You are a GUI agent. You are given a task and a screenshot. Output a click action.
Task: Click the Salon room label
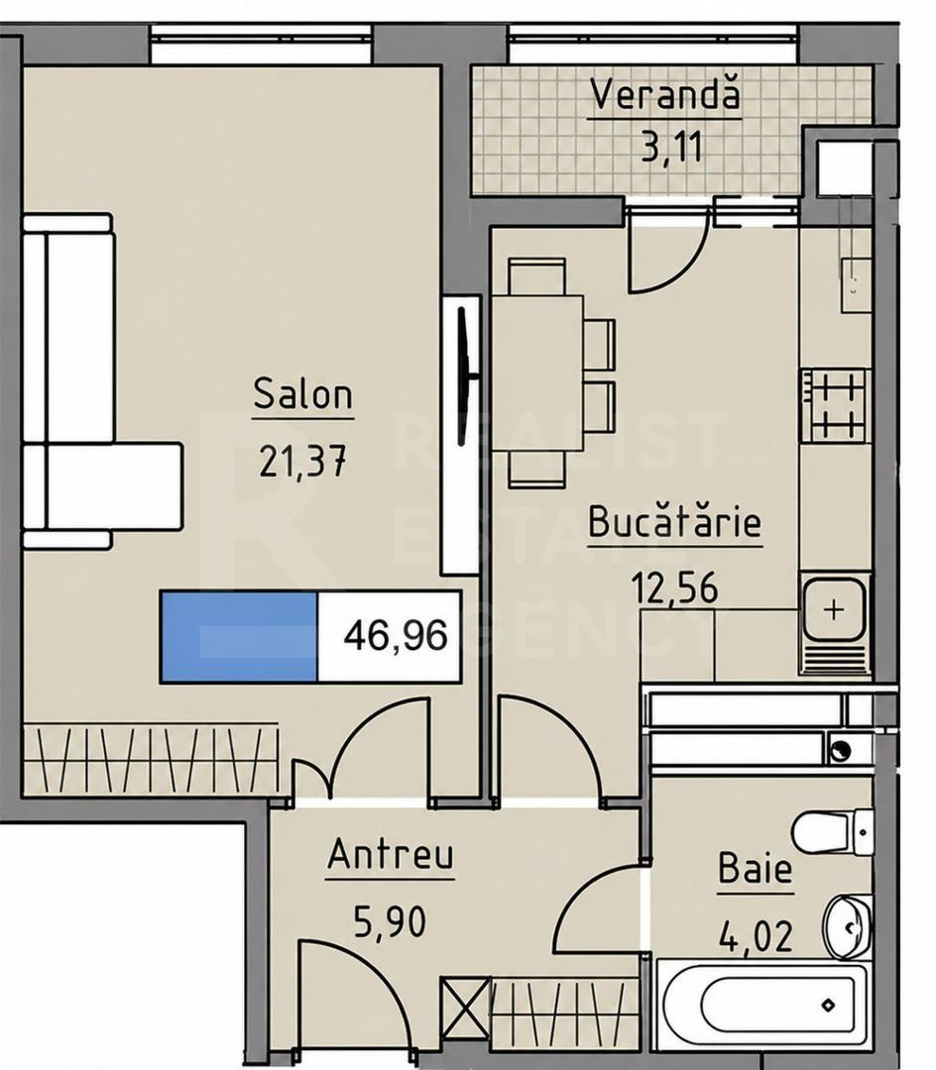tap(303, 393)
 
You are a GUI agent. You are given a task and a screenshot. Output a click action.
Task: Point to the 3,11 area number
tap(672, 146)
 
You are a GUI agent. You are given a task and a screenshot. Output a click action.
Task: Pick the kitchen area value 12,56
tap(675, 587)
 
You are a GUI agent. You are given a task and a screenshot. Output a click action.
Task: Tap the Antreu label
tap(390, 854)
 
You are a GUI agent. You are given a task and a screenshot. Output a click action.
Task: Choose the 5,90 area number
tap(390, 920)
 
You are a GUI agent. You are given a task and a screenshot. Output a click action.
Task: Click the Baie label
tap(756, 869)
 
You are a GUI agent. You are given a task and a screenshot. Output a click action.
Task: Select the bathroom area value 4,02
tap(757, 935)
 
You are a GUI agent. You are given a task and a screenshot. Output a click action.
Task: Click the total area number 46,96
tap(396, 636)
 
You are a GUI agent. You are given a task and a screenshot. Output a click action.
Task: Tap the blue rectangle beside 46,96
tap(239, 637)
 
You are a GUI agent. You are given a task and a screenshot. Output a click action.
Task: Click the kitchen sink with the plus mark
tap(834, 609)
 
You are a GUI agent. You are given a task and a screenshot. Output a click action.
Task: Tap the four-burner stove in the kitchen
tap(834, 404)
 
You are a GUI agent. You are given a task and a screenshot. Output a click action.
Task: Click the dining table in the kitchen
tap(537, 374)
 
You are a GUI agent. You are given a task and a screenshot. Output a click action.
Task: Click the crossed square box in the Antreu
tap(466, 1001)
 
